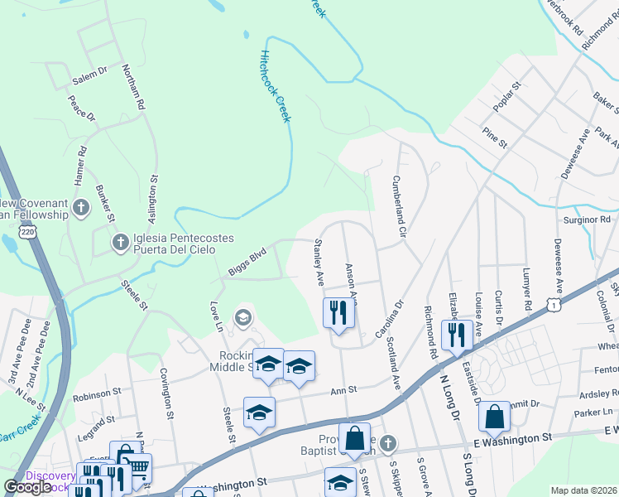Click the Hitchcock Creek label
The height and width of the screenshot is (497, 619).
[276, 86]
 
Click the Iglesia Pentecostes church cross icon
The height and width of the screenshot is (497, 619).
[120, 242]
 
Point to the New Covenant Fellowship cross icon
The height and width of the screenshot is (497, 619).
[80, 208]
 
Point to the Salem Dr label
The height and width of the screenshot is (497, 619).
[89, 74]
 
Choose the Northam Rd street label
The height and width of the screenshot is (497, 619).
[132, 87]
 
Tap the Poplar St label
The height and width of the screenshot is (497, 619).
[504, 97]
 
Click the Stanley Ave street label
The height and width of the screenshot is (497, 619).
[318, 262]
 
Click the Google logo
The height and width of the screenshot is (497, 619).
[28, 487]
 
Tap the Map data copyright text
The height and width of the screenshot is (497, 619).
[583, 490]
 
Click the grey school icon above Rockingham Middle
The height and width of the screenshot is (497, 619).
[243, 316]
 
